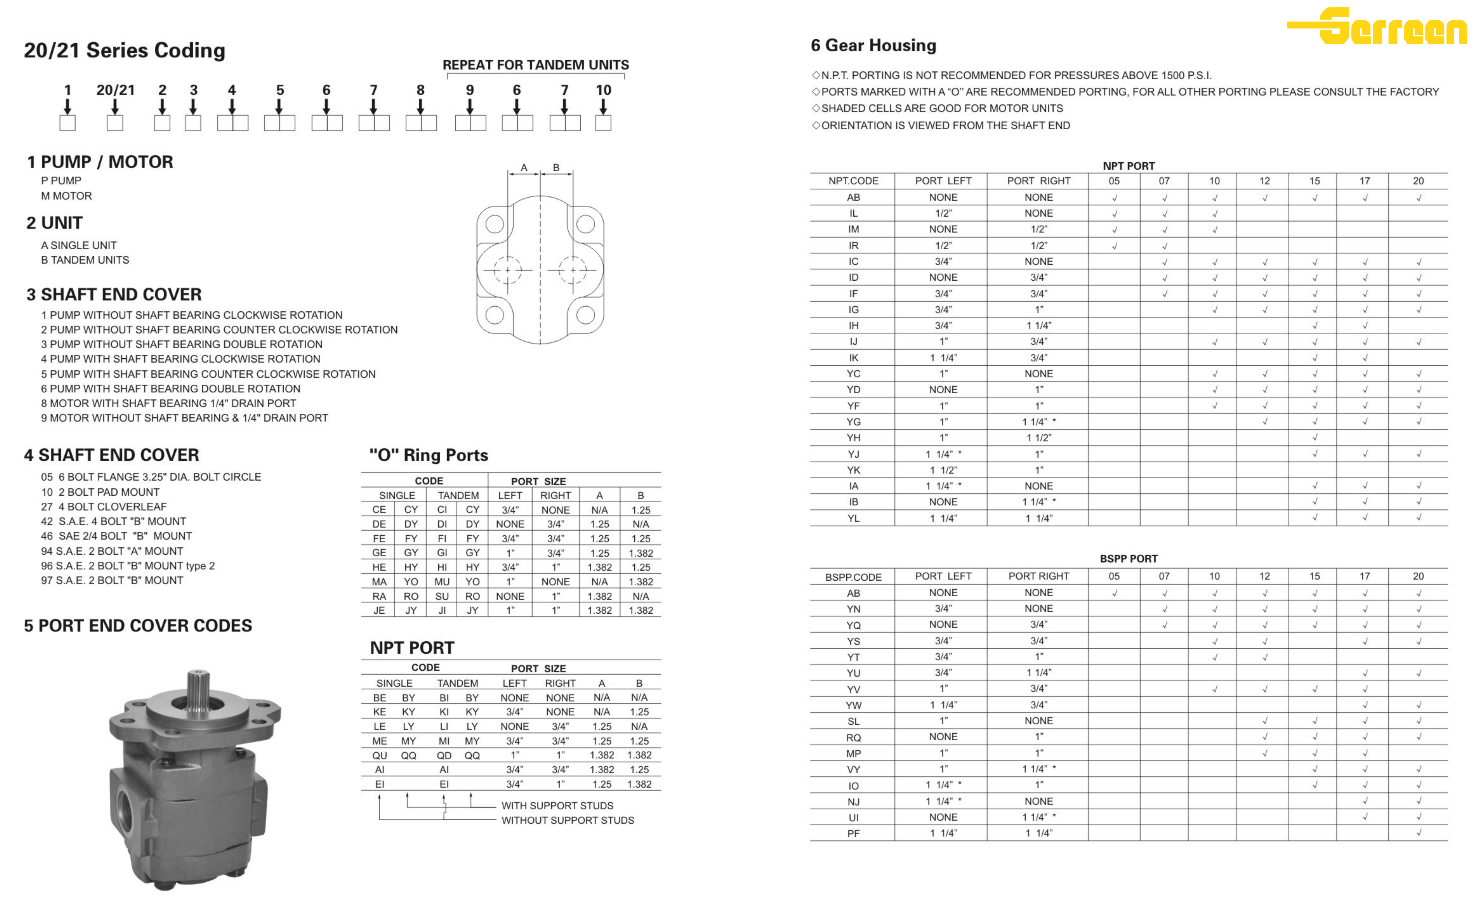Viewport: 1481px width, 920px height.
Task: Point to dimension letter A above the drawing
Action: pos(524,167)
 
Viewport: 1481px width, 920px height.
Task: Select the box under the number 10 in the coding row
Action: pos(603,123)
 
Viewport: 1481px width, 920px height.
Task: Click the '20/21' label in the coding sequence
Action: pos(115,90)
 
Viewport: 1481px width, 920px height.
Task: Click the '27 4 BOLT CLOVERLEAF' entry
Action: pos(103,506)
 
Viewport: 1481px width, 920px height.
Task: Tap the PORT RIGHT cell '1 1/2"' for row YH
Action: pos(1039,437)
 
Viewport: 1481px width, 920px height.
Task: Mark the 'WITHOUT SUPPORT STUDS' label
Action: pos(567,820)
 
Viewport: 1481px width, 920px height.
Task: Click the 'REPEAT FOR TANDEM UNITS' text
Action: pos(535,65)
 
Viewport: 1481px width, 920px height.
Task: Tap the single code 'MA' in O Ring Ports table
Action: pos(379,582)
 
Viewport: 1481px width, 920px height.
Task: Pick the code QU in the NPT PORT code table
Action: pos(380,755)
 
